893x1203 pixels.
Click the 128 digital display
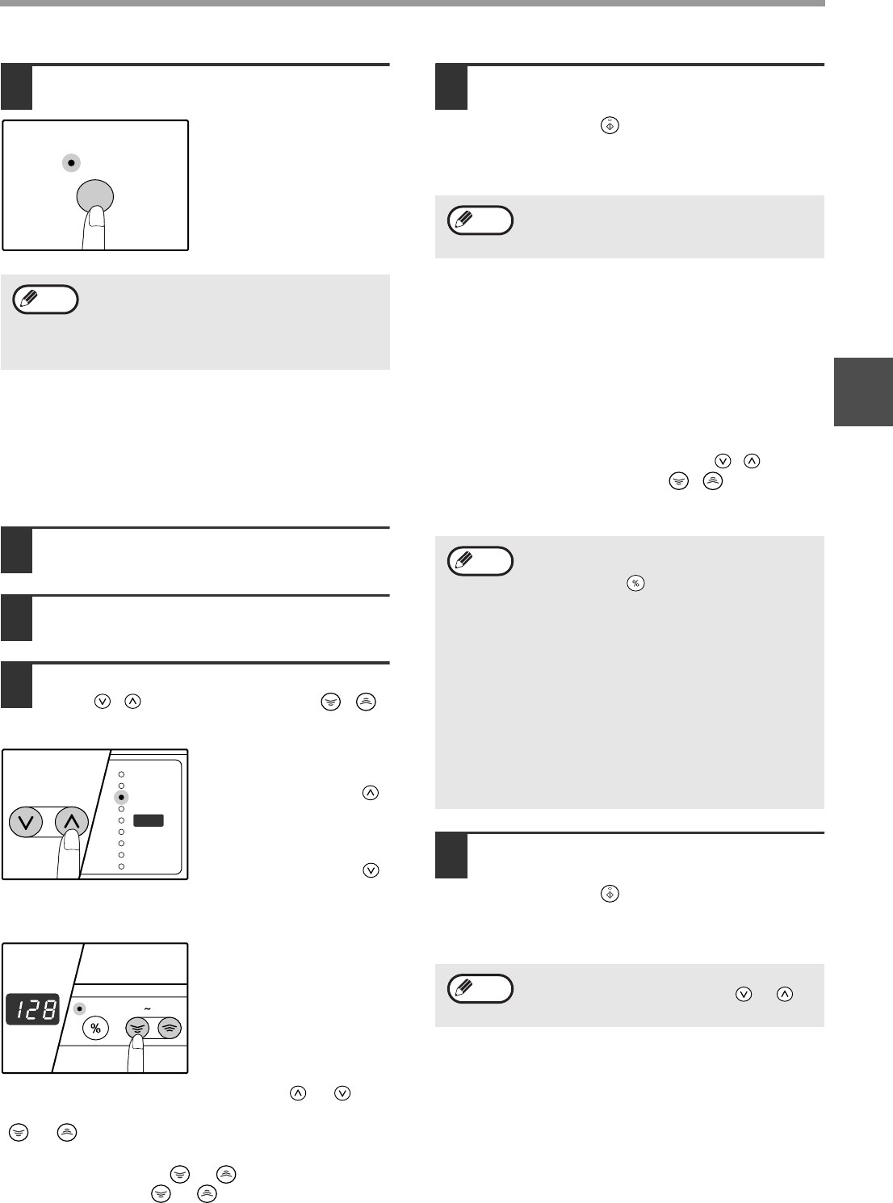click(32, 1009)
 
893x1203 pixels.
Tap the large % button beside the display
click(95, 1029)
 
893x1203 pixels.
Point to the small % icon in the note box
click(635, 583)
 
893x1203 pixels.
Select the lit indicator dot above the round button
click(71, 163)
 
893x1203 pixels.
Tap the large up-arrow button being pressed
click(72, 821)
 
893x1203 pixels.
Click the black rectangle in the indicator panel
click(149, 820)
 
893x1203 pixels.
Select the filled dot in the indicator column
click(121, 798)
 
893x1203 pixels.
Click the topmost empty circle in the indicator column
click(122, 774)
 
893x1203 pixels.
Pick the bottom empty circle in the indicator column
click(122, 866)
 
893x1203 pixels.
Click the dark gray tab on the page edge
click(863, 392)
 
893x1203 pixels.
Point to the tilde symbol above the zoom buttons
click(147, 1009)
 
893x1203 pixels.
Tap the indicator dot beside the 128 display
click(80, 1009)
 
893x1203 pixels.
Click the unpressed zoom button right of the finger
click(170, 1028)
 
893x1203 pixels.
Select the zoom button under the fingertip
click(136, 1027)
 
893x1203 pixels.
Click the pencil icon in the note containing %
click(464, 560)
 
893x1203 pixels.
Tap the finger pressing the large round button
click(94, 228)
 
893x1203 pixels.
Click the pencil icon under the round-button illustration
click(30, 298)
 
